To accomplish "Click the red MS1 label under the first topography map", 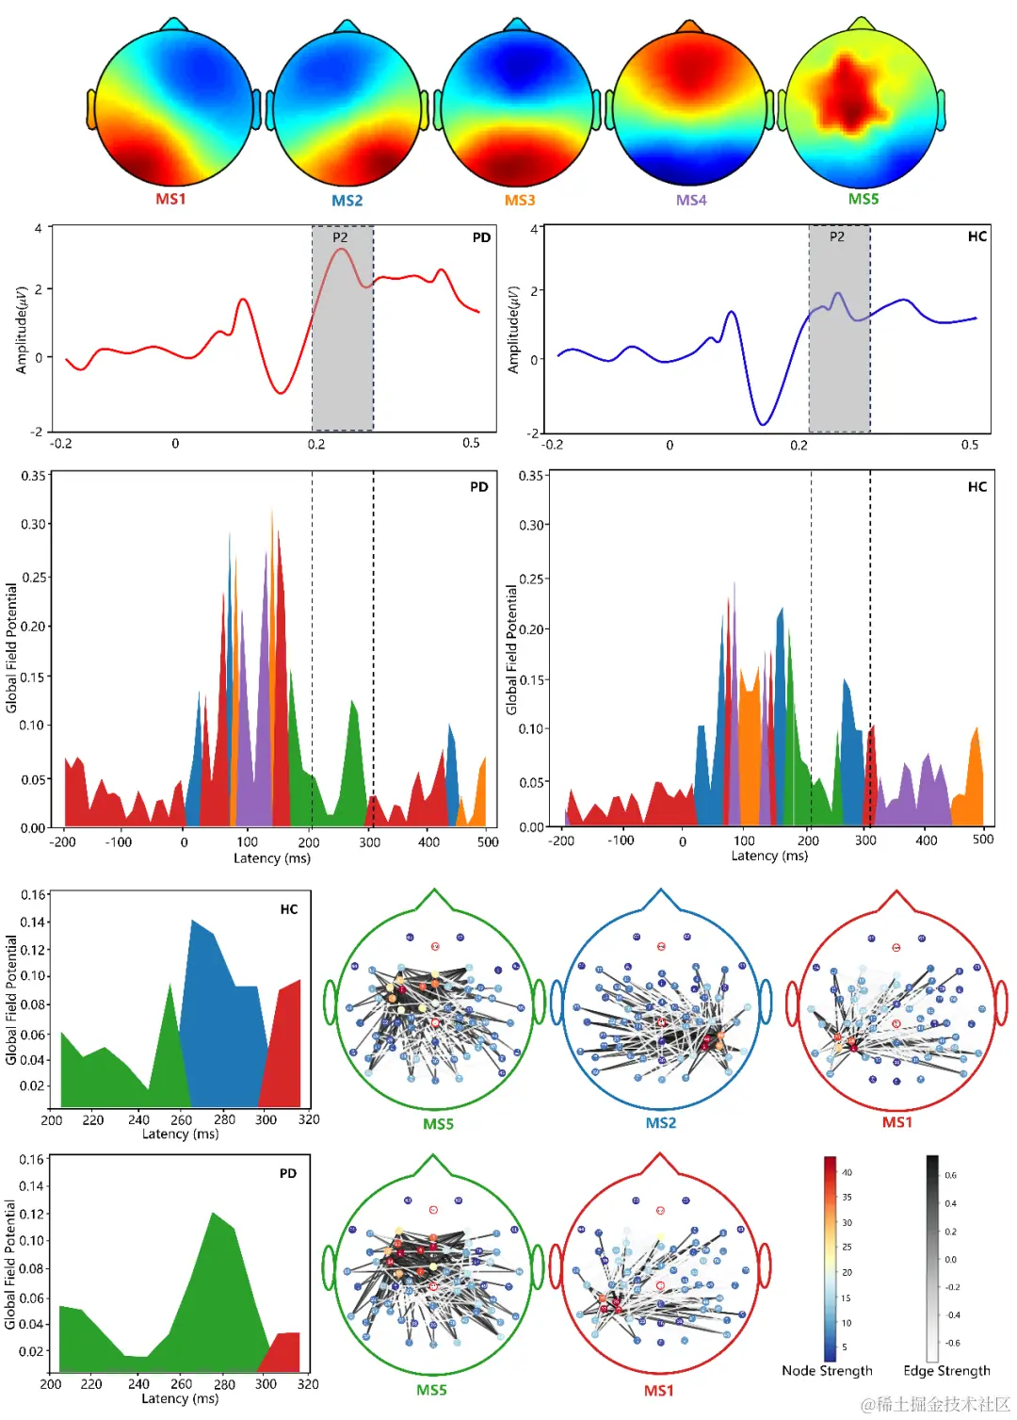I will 170,199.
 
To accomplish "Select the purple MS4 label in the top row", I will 691,200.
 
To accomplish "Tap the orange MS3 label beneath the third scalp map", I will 520,200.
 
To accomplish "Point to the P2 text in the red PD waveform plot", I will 340,237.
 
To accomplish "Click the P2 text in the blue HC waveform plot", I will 837,237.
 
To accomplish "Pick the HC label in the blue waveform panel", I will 977,237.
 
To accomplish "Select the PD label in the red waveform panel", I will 481,237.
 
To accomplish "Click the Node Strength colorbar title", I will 827,1371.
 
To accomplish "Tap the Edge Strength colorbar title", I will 946,1371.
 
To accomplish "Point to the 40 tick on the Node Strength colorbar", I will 847,1173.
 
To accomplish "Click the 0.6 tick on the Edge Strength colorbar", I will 951,1175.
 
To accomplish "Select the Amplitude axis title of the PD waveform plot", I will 22,330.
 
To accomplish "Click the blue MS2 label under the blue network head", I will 660,1123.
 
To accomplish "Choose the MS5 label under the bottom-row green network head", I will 431,1390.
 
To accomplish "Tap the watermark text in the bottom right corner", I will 935,1404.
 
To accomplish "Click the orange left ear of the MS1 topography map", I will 91,109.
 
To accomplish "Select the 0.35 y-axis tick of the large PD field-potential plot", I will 34,476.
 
